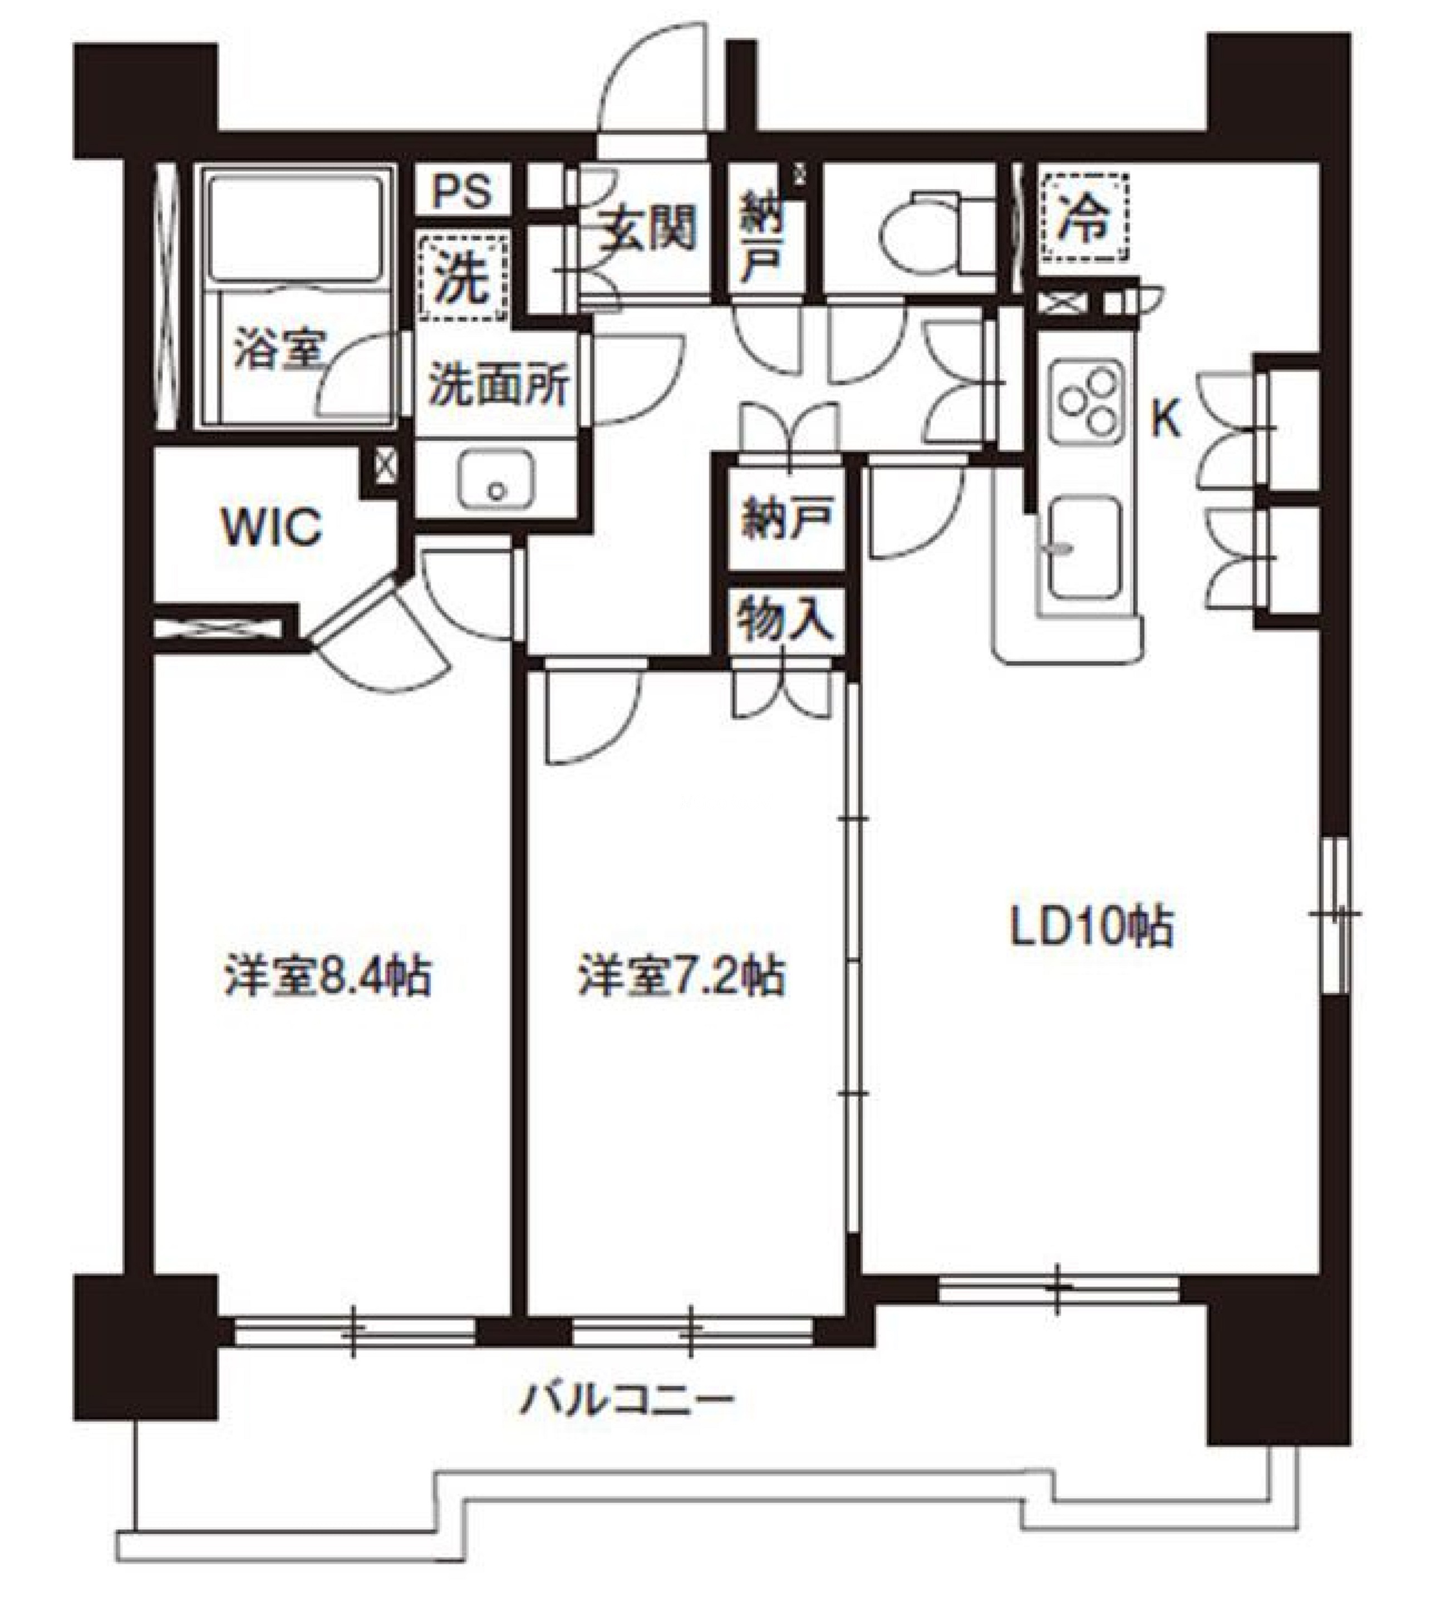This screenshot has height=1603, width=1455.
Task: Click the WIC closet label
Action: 272,525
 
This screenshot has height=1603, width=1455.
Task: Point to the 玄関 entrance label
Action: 648,228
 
